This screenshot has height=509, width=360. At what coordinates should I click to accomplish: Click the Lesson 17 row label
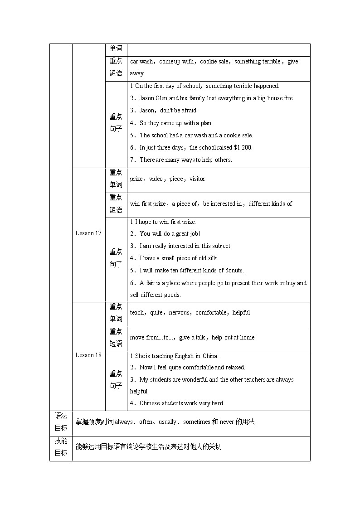coord(88,233)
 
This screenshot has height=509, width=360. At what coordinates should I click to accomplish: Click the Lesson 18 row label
coord(88,355)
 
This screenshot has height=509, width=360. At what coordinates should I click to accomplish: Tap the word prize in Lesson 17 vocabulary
coord(136,179)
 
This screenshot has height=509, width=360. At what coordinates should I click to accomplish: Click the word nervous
coord(180,313)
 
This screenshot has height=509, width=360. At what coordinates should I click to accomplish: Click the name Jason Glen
coord(154,98)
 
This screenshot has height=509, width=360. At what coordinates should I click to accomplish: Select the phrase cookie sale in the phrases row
coord(214,62)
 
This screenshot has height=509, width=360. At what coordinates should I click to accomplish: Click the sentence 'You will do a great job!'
coord(170,234)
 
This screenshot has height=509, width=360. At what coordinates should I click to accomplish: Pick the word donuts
coord(234,271)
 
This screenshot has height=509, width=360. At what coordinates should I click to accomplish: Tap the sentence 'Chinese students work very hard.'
coord(181,403)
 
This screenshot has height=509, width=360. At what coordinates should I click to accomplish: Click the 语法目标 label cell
coord(61,422)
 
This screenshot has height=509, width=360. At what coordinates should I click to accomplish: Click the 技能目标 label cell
coord(61,447)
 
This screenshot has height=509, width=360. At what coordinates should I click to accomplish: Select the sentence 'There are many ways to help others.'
coord(185,160)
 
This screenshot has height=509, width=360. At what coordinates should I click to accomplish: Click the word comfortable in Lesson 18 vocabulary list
coord(213,313)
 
